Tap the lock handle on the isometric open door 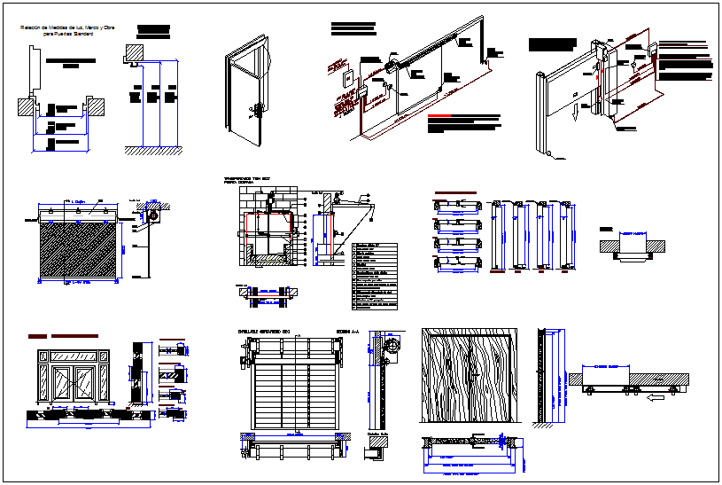[x=259, y=110]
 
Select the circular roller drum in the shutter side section [x=154, y=215]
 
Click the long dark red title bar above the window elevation [x=74, y=337]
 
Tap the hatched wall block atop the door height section [x=135, y=52]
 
